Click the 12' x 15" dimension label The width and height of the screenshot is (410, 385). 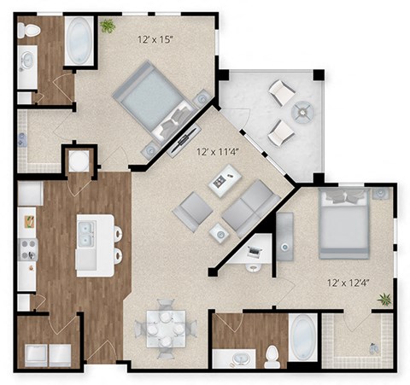[160, 39]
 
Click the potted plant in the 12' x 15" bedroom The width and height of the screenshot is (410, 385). [108, 26]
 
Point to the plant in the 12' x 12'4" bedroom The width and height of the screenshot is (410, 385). [384, 300]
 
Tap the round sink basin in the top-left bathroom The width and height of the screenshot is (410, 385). [26, 61]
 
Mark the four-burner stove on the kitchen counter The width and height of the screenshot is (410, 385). [27, 248]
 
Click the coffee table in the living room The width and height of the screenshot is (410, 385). [225, 181]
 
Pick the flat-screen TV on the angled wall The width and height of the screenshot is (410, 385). [186, 136]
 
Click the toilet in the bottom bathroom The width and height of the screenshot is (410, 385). [272, 353]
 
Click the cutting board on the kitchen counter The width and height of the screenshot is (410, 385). [27, 221]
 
